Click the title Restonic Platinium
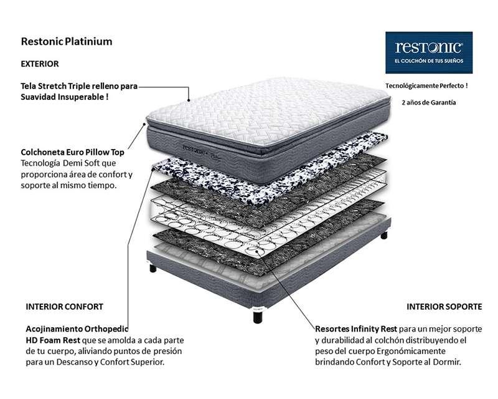67,42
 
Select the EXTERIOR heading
40,64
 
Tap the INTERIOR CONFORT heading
64,307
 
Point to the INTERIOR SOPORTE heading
444,307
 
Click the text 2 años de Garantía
429,102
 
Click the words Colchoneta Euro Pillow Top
72,151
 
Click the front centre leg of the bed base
258,315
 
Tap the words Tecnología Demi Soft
57,163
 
